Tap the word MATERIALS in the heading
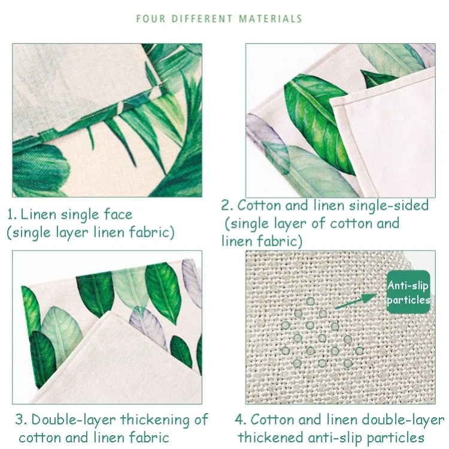coord(271,19)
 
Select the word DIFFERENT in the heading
coord(202,19)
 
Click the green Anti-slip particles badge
coord(408,292)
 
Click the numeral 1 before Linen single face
coord(11,215)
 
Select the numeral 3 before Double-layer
coord(20,420)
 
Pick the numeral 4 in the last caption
coord(239,420)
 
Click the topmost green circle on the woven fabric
coord(310,302)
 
